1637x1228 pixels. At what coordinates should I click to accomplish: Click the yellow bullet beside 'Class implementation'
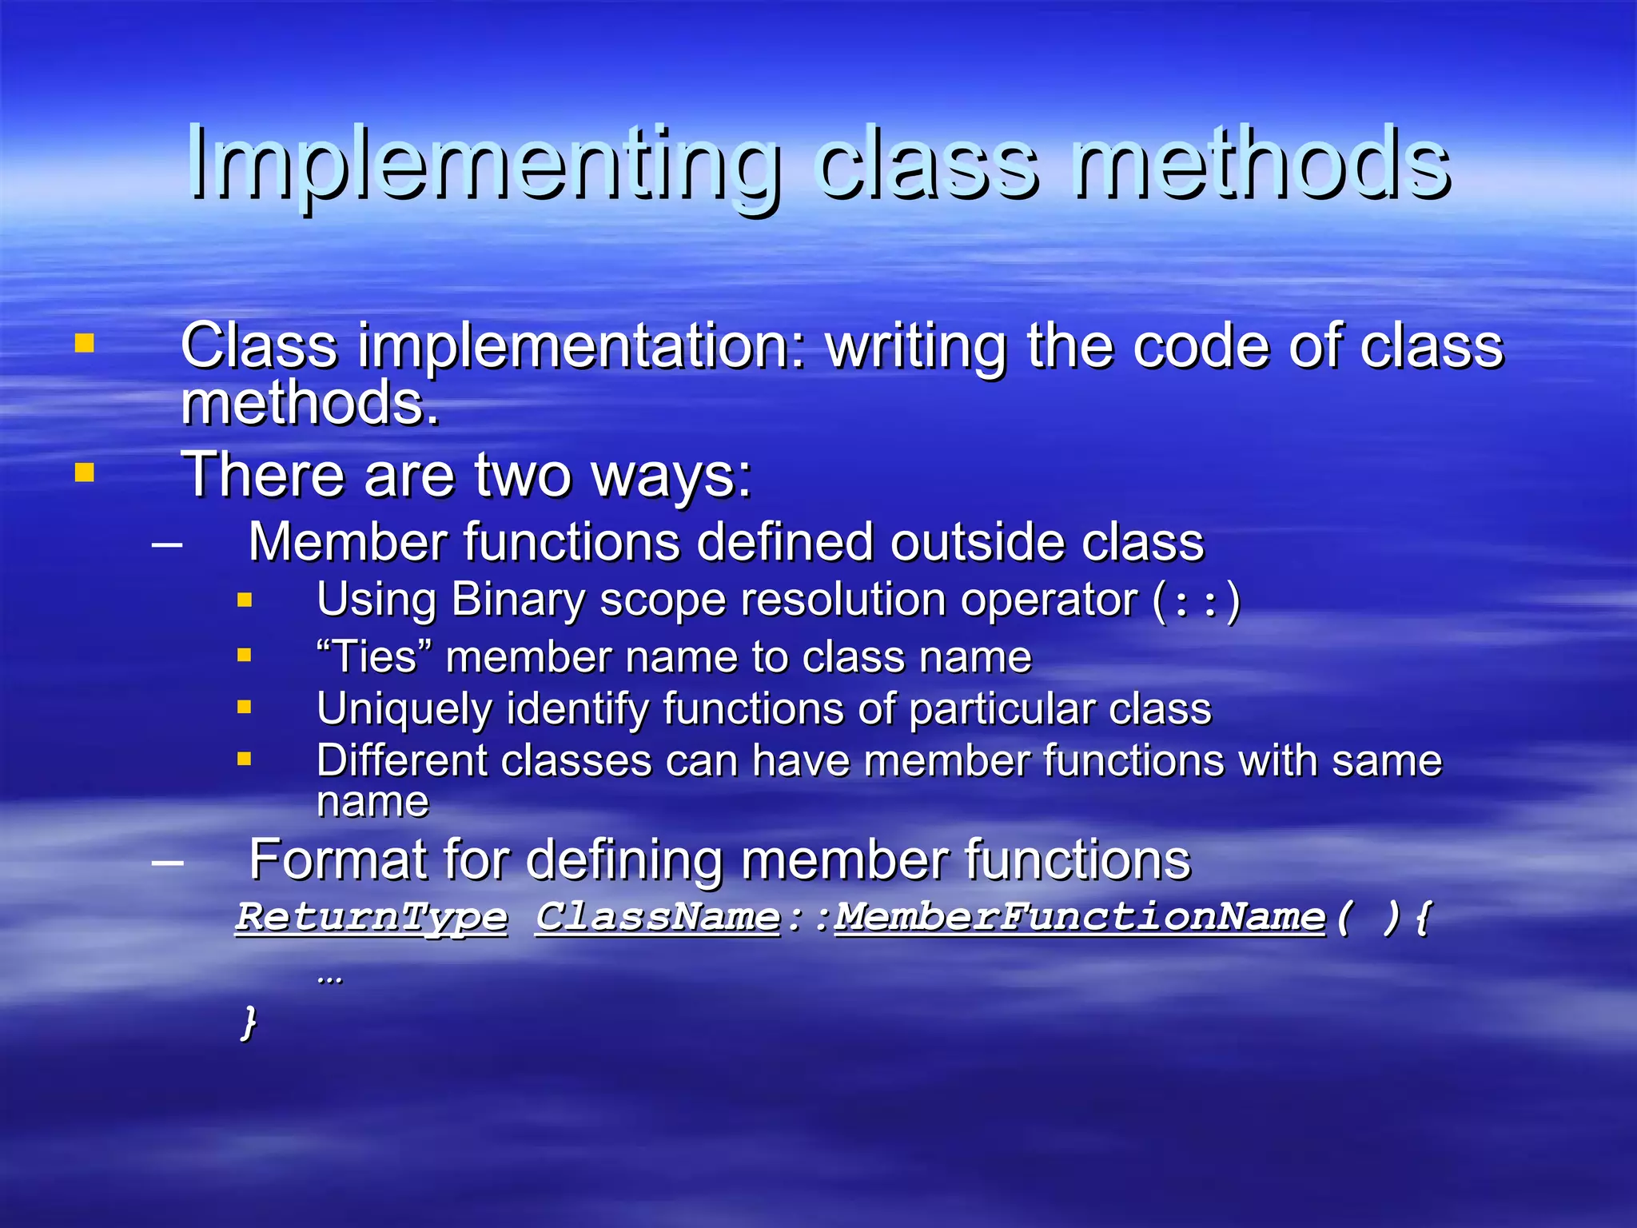(x=84, y=344)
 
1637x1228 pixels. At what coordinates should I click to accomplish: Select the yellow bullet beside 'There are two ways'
(x=84, y=473)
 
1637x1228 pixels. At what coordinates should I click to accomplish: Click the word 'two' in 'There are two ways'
(x=524, y=476)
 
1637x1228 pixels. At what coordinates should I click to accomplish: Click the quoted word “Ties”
(x=374, y=657)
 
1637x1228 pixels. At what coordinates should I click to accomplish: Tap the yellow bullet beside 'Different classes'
(x=245, y=759)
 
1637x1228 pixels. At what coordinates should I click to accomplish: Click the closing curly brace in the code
(x=249, y=1023)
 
